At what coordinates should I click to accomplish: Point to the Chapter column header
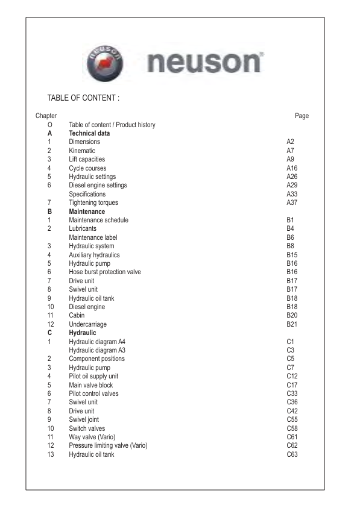pos(46,116)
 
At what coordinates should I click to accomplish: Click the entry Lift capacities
pos(87,159)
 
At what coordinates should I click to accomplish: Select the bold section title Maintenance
pos(87,212)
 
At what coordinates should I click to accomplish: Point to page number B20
pos(292,315)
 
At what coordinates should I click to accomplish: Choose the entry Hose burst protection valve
pos(105,272)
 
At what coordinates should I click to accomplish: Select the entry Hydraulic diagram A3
pos(97,350)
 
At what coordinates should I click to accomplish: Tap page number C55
pos(292,420)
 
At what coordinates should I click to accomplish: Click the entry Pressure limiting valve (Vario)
pos(108,446)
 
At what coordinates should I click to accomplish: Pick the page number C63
pos(292,454)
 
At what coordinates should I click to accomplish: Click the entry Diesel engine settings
pos(98,186)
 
